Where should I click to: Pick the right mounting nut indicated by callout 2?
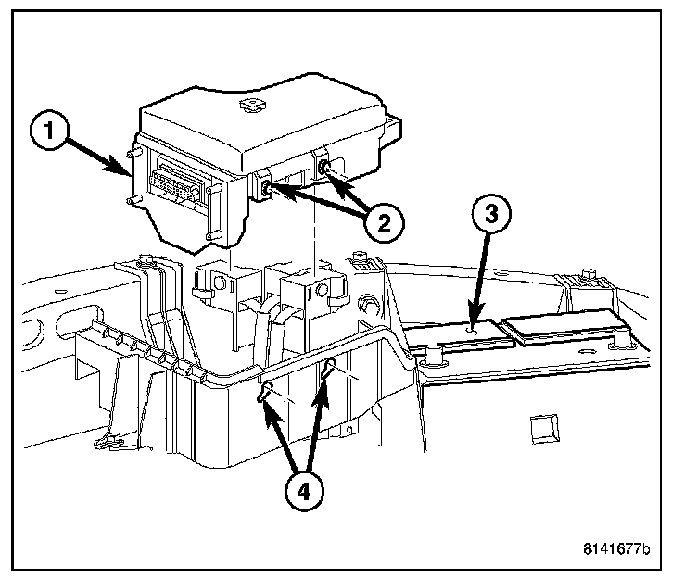click(326, 166)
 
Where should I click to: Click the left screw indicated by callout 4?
click(265, 390)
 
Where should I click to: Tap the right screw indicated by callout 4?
click(330, 370)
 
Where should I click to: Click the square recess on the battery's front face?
click(540, 427)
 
